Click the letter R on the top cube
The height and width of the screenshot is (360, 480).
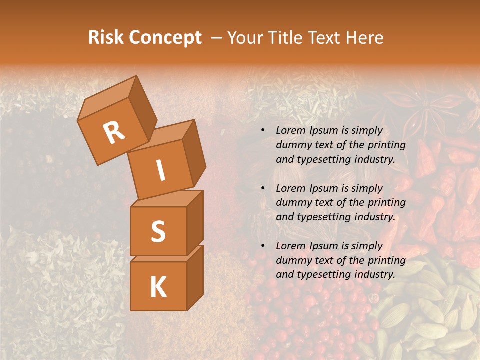tap(114, 132)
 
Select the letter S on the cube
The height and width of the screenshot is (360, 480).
tap(158, 231)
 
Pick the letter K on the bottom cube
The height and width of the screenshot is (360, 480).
tap(158, 287)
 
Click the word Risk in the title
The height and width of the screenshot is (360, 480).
tap(106, 37)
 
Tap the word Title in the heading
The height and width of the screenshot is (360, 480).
tap(284, 37)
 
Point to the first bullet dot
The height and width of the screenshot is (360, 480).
tap(262, 131)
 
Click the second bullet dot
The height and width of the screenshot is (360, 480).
tap(262, 189)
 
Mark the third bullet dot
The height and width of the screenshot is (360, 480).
tap(262, 246)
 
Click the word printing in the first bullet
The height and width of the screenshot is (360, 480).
tap(387, 145)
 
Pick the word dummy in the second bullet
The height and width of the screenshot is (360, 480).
tap(293, 202)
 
